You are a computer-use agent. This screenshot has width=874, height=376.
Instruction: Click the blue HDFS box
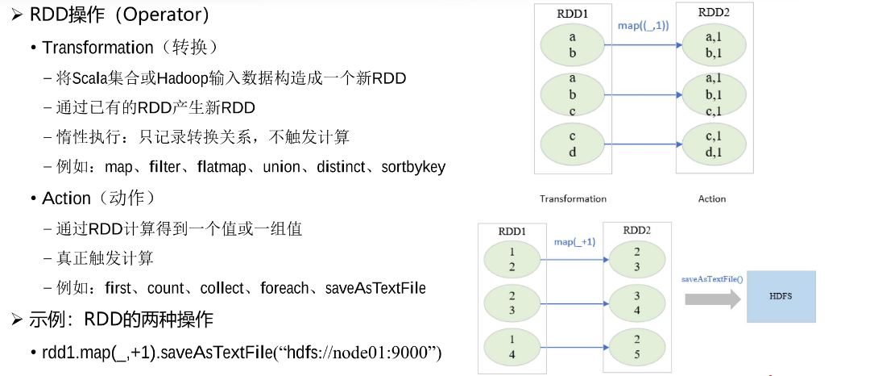click(x=781, y=297)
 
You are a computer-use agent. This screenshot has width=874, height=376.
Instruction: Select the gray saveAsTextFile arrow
click(x=713, y=299)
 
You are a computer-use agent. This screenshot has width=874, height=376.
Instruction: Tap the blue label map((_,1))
click(x=644, y=26)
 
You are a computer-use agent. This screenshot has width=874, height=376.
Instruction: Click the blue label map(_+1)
click(x=574, y=242)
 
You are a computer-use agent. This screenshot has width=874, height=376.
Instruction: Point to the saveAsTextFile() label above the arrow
click(x=712, y=278)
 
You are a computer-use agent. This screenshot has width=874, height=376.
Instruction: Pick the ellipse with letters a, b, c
click(x=573, y=95)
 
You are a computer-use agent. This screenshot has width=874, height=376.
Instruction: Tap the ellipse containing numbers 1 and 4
click(x=512, y=346)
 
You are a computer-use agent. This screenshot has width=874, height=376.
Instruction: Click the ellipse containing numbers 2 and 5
click(x=637, y=346)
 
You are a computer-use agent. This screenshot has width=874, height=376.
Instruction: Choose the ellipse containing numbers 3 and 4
click(x=637, y=303)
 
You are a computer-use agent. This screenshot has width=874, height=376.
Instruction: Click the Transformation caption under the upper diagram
click(x=573, y=199)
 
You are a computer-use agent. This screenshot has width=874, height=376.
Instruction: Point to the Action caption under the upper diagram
click(x=712, y=199)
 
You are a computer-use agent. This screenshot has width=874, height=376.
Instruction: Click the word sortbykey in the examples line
click(x=413, y=167)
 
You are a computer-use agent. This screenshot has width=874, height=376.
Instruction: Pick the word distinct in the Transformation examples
click(x=341, y=167)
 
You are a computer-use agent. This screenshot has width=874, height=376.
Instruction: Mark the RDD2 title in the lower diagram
click(x=637, y=230)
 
